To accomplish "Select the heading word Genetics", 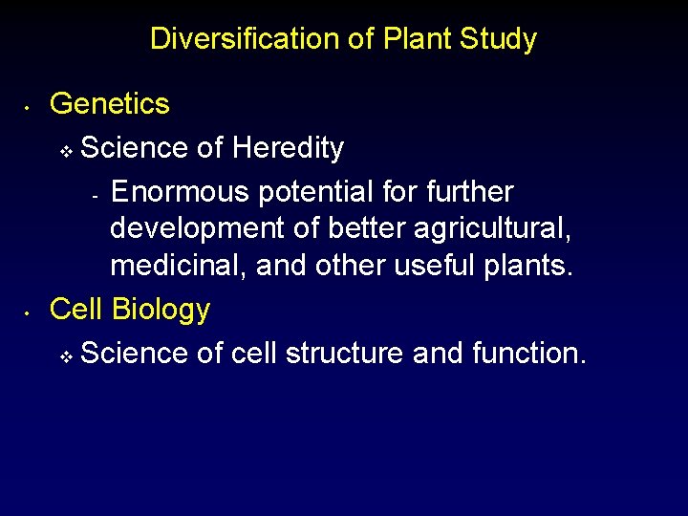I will coord(109,103).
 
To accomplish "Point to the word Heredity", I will coord(288,148).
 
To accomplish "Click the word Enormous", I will coord(178,192).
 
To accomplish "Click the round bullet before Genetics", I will coord(30,106).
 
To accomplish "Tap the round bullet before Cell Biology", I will coord(30,312).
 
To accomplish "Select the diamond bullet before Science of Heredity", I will coord(66,151).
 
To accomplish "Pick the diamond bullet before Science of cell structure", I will coord(66,356).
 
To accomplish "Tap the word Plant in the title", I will coord(418,39).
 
